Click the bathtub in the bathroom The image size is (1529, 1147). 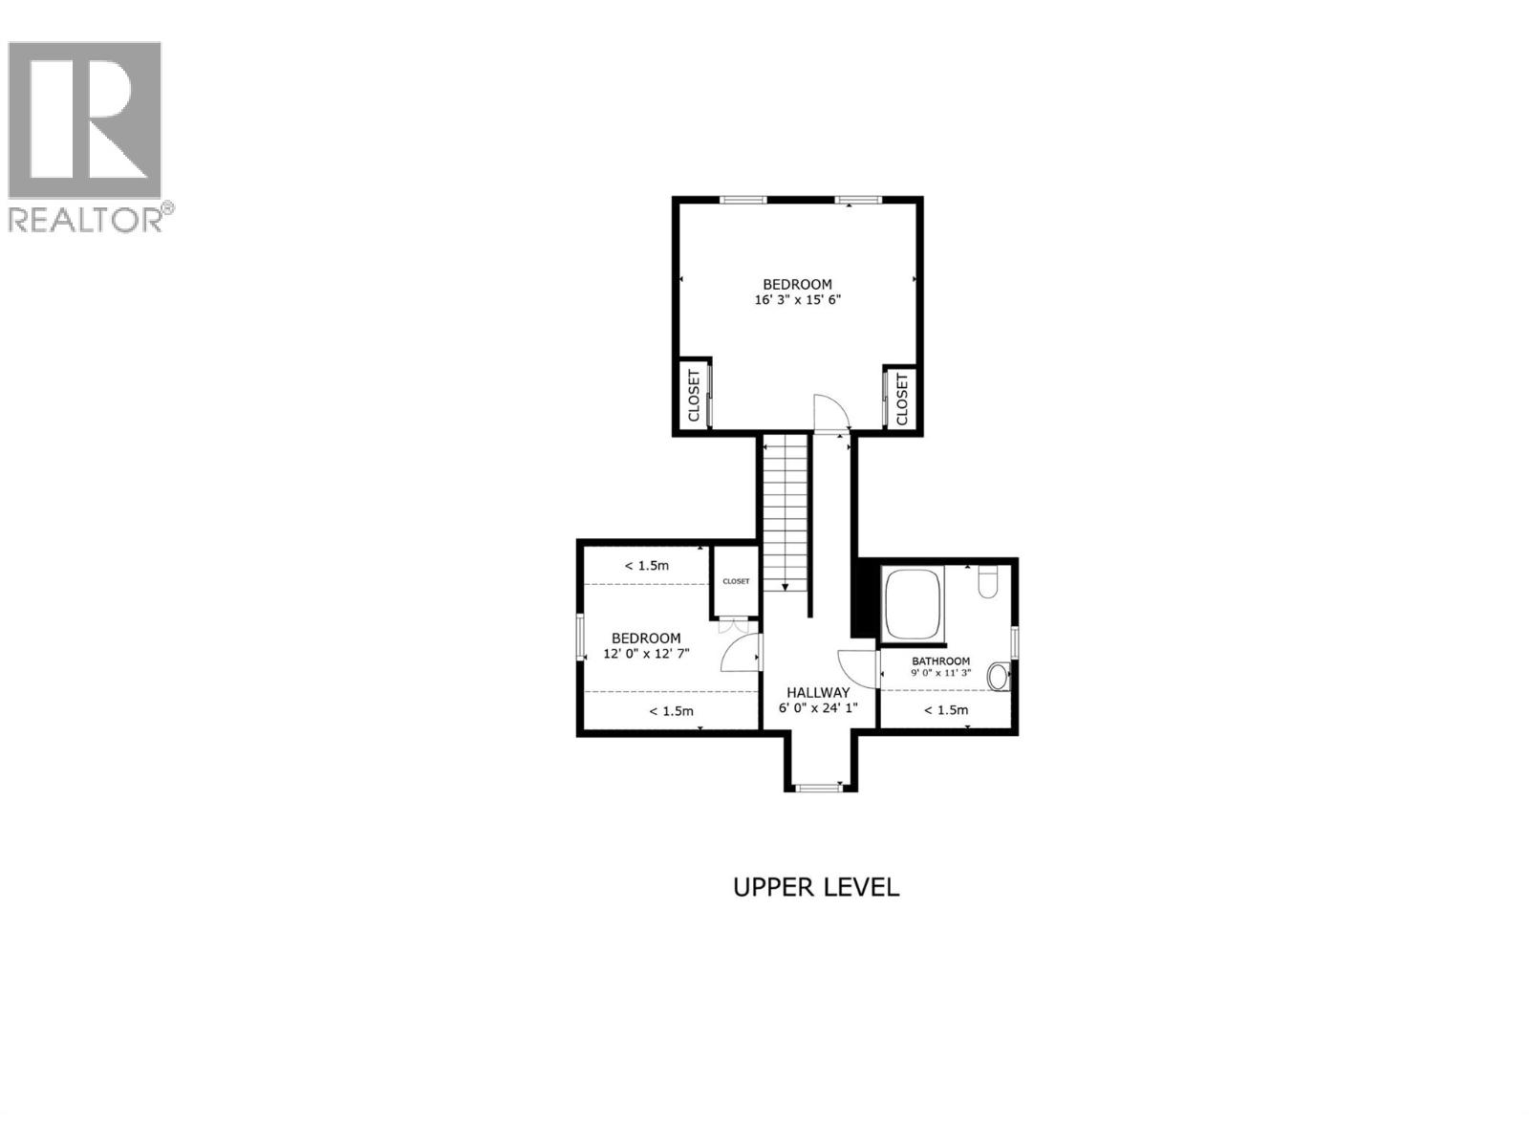(914, 603)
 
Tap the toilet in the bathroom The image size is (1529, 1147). (988, 580)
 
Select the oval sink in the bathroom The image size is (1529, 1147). (998, 677)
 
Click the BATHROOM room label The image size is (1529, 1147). (940, 660)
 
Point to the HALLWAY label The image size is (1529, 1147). (818, 692)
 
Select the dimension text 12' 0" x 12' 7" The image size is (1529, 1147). (646, 654)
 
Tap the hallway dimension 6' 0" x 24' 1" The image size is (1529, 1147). (818, 708)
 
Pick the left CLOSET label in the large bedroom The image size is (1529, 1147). (694, 397)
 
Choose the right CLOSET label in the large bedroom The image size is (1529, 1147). (901, 398)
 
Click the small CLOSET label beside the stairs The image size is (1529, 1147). (736, 581)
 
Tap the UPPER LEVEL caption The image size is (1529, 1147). (816, 887)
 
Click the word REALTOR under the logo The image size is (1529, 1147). (86, 220)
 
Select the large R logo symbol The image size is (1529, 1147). (84, 120)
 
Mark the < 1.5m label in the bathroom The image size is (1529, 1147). (946, 710)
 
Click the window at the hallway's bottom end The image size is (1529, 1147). (817, 788)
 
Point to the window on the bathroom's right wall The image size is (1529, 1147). (1015, 641)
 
